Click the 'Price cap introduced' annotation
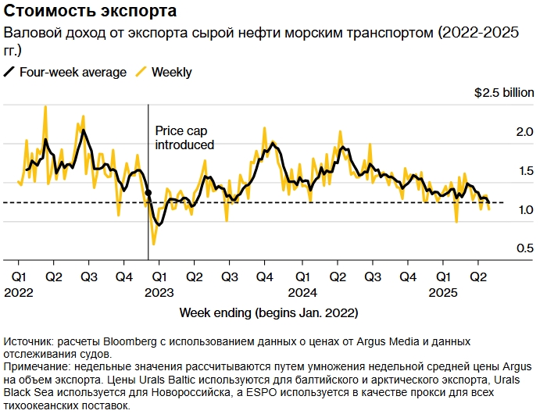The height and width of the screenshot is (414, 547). [184, 137]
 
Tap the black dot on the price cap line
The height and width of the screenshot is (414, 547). [148, 192]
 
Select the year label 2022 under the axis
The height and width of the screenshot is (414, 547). [19, 291]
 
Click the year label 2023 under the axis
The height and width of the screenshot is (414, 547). [159, 291]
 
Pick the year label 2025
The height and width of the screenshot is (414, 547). [443, 291]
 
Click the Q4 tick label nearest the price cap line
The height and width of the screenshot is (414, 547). [123, 277]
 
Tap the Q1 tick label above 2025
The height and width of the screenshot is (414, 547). [443, 277]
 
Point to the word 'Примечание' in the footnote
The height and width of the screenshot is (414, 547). [36, 366]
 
